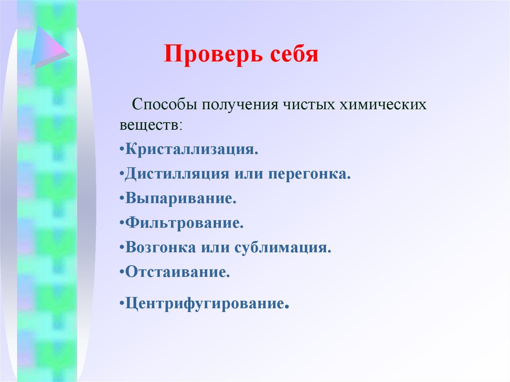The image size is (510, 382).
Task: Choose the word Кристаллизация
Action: [x=192, y=149]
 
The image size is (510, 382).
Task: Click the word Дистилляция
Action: [x=176, y=174]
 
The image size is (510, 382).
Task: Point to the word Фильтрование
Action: [x=184, y=223]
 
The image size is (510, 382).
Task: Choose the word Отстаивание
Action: [x=177, y=272]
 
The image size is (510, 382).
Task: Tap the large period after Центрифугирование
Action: [x=287, y=306]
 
